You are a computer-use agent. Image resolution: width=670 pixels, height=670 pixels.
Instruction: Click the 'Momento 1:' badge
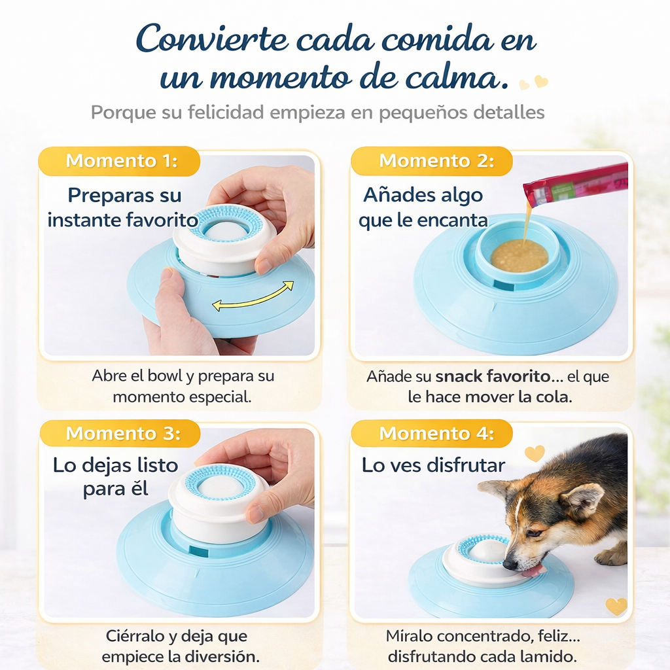point(119,161)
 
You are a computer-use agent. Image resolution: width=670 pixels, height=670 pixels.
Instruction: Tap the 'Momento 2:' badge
point(432,161)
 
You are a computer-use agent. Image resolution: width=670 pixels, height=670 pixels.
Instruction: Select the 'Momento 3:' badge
point(120,433)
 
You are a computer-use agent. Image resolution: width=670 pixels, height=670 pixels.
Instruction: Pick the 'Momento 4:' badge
point(432,433)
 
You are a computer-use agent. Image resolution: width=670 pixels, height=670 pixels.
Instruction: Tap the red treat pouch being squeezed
point(575,186)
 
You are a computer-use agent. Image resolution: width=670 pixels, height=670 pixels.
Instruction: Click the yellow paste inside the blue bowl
point(519,256)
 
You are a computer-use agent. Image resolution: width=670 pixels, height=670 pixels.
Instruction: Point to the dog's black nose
point(510,565)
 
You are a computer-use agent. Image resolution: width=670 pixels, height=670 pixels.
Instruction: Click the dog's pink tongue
point(533,571)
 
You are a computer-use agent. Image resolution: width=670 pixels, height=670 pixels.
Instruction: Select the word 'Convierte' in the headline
point(212,40)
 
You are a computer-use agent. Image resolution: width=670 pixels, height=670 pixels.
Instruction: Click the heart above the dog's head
point(535,453)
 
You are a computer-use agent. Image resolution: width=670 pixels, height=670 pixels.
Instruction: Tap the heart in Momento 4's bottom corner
point(616,607)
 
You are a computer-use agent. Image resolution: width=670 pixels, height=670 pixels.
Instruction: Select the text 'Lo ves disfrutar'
point(433,465)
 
